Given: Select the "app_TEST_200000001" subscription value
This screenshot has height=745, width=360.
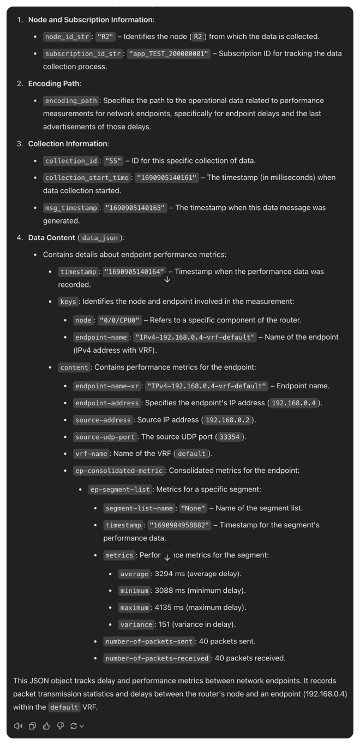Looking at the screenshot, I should point(169,53).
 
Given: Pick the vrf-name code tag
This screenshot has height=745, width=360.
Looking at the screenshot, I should point(91,454).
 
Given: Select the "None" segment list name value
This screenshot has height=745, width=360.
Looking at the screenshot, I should point(194,508).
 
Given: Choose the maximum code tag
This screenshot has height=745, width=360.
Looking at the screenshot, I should point(134,608).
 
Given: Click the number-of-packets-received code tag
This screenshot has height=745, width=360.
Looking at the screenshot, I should point(157,658).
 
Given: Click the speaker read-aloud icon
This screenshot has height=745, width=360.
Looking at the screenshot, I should point(18,726).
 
